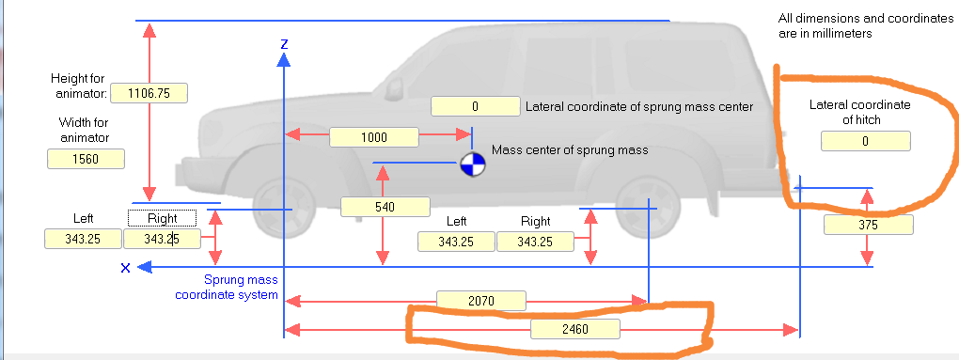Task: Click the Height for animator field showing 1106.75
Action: (149, 93)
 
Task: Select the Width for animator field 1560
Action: (86, 159)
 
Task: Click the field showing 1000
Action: (373, 137)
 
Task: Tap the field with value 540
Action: (385, 207)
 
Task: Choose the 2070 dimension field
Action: (480, 300)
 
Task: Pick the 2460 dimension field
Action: (574, 329)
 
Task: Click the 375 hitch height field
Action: (867, 226)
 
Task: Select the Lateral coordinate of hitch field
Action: (865, 141)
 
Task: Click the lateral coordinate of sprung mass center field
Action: (475, 106)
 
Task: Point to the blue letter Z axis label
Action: (283, 43)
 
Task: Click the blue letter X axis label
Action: (124, 269)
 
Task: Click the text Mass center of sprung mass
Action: (571, 149)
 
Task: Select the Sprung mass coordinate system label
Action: (227, 287)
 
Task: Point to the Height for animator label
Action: (80, 86)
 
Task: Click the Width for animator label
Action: (84, 131)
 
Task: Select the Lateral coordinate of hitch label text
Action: (859, 112)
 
